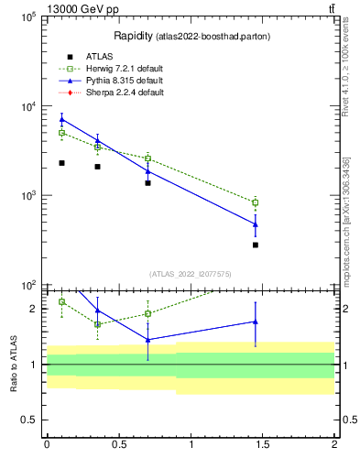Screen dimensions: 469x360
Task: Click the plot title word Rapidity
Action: (133, 36)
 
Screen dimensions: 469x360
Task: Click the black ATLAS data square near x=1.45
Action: (256, 245)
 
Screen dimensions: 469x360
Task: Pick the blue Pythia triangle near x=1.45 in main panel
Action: (256, 224)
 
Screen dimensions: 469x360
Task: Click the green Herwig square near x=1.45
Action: (256, 202)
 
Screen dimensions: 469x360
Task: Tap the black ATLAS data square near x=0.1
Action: (61, 163)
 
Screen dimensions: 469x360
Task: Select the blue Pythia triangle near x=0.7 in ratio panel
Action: (147, 339)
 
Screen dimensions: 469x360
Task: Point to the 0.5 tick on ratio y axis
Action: (30, 420)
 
